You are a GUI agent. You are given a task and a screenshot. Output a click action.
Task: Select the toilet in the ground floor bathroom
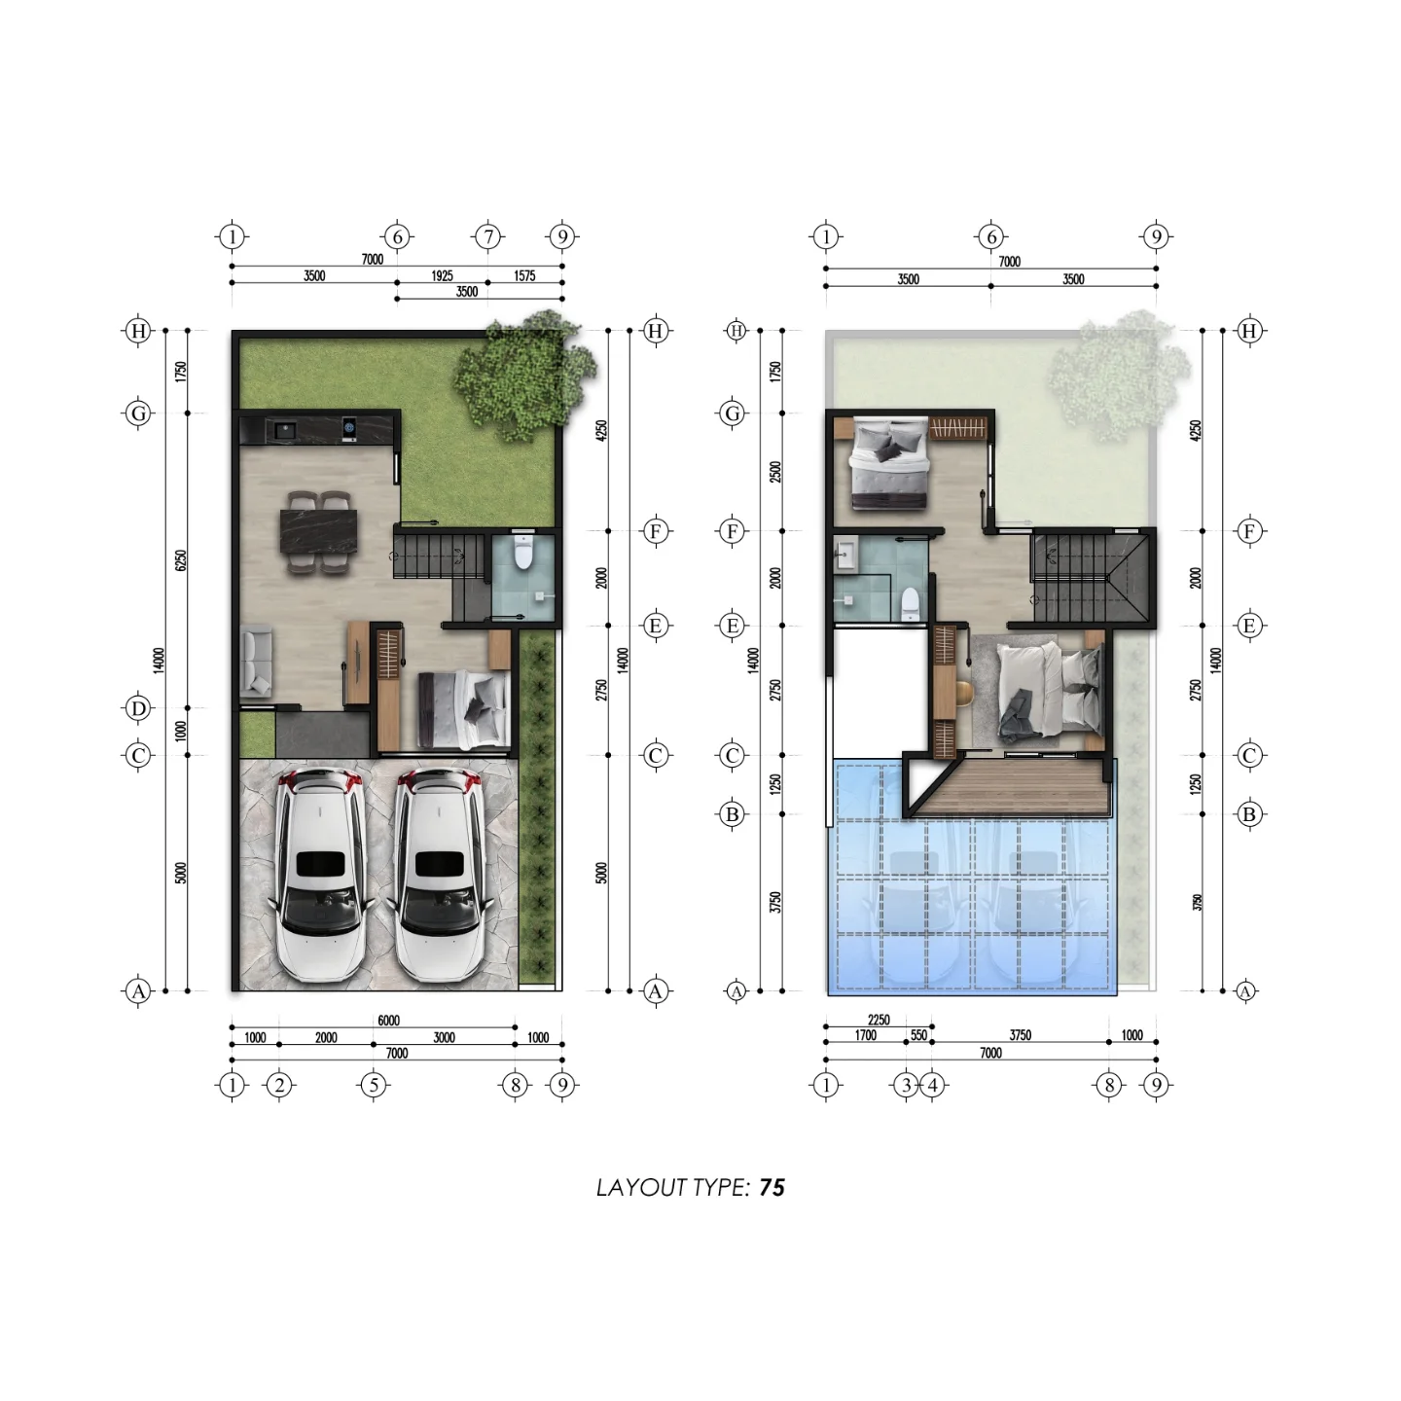(523, 554)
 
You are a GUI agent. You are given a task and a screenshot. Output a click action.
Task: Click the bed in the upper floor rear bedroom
(889, 462)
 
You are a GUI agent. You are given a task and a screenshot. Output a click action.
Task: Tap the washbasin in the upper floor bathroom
(846, 557)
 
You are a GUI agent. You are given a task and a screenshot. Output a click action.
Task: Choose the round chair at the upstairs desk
(964, 692)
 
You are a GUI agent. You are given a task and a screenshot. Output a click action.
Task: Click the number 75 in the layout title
(772, 1187)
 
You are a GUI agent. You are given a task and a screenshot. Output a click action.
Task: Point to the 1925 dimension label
(442, 275)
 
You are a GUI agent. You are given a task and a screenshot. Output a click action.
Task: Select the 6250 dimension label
(181, 559)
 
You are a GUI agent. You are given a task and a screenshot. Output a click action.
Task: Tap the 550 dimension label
(919, 1034)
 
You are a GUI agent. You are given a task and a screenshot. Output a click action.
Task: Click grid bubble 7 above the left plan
(488, 237)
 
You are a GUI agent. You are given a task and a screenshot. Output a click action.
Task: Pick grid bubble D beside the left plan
(138, 707)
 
